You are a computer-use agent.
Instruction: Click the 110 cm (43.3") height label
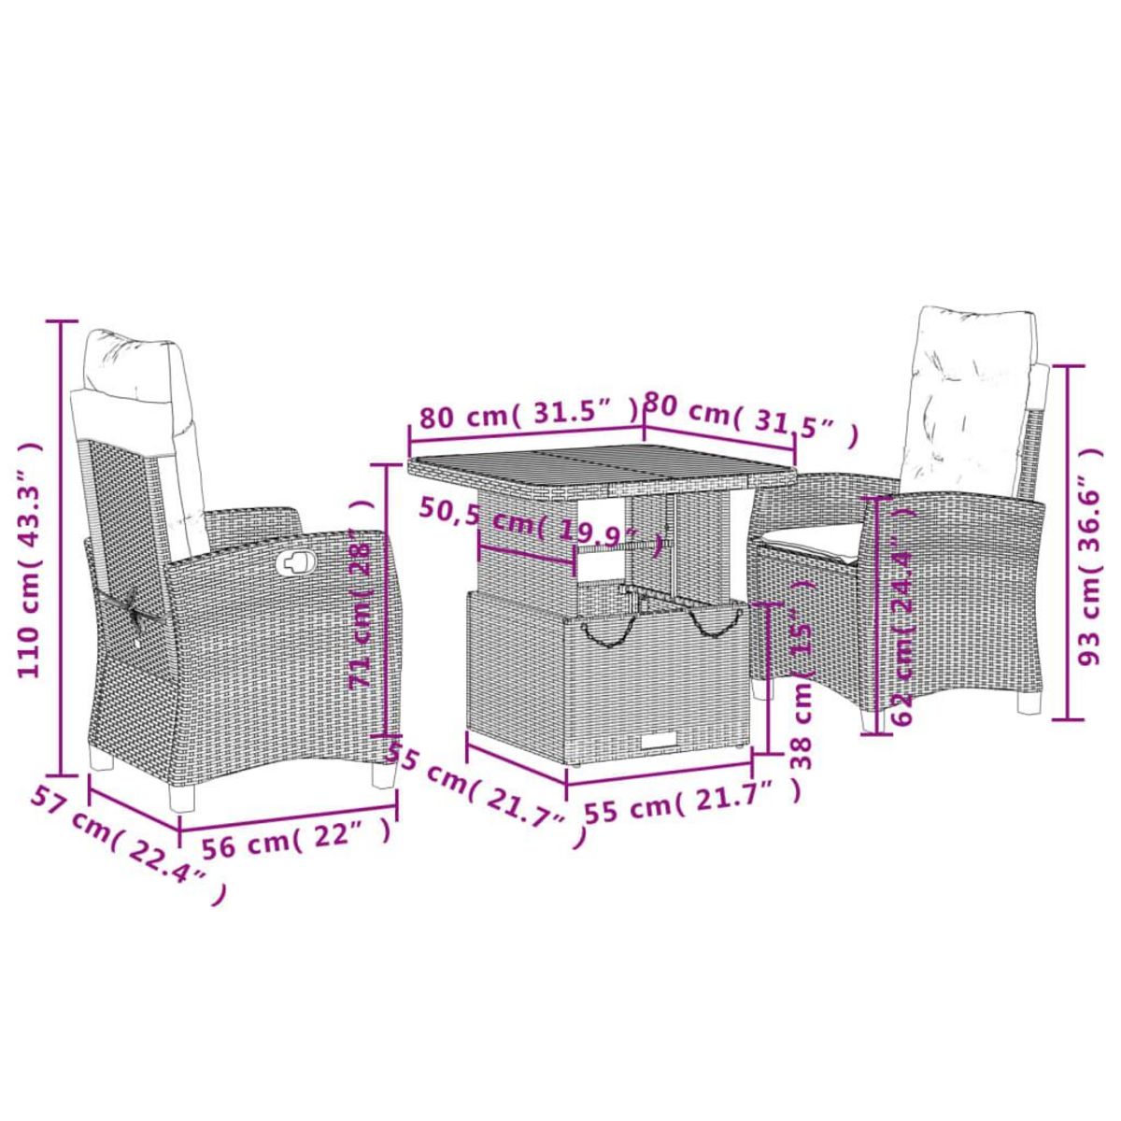coord(30,560)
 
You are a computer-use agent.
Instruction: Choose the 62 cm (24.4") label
coord(901,617)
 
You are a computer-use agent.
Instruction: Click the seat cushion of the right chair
coord(813,539)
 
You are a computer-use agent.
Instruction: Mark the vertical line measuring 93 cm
coord(1069,542)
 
